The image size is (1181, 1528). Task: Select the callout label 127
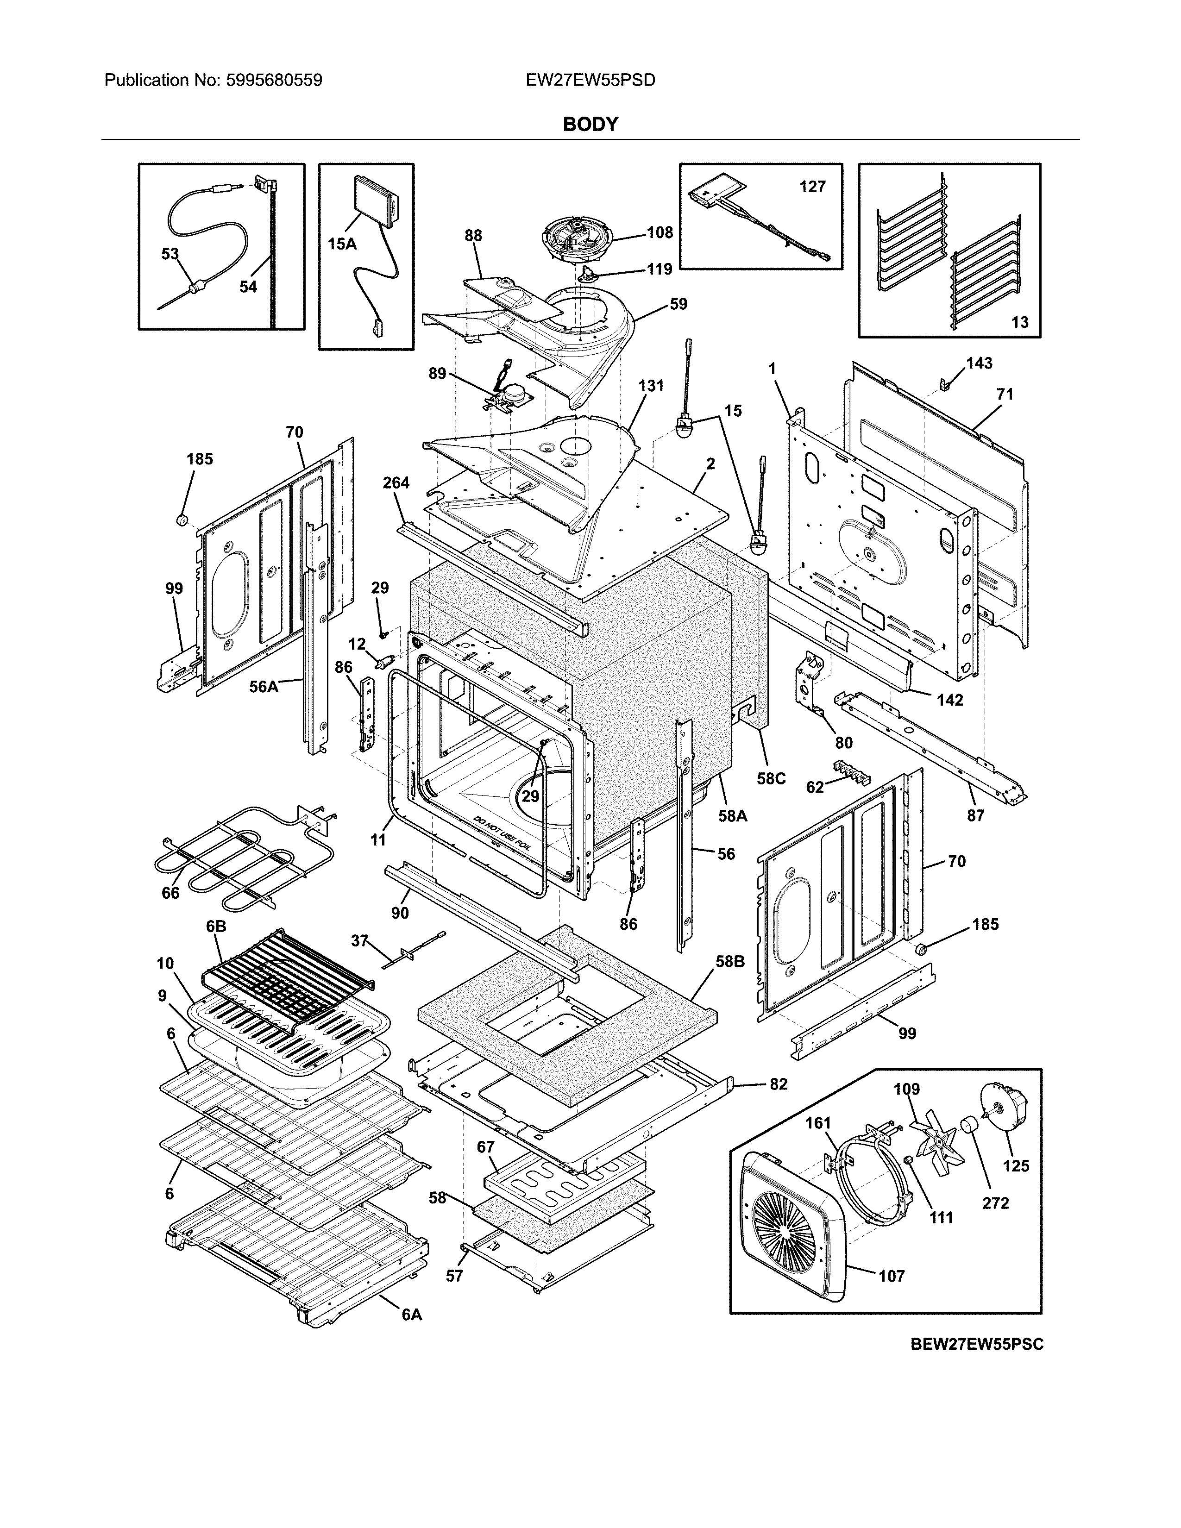[x=812, y=187]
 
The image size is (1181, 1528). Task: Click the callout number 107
[x=892, y=1276]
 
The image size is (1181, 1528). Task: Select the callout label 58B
[x=730, y=962]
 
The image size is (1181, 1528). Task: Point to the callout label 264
[x=396, y=483]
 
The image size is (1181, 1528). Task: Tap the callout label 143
[x=979, y=363]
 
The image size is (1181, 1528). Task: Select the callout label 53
[x=170, y=254]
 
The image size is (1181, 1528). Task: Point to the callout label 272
[x=995, y=1203]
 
